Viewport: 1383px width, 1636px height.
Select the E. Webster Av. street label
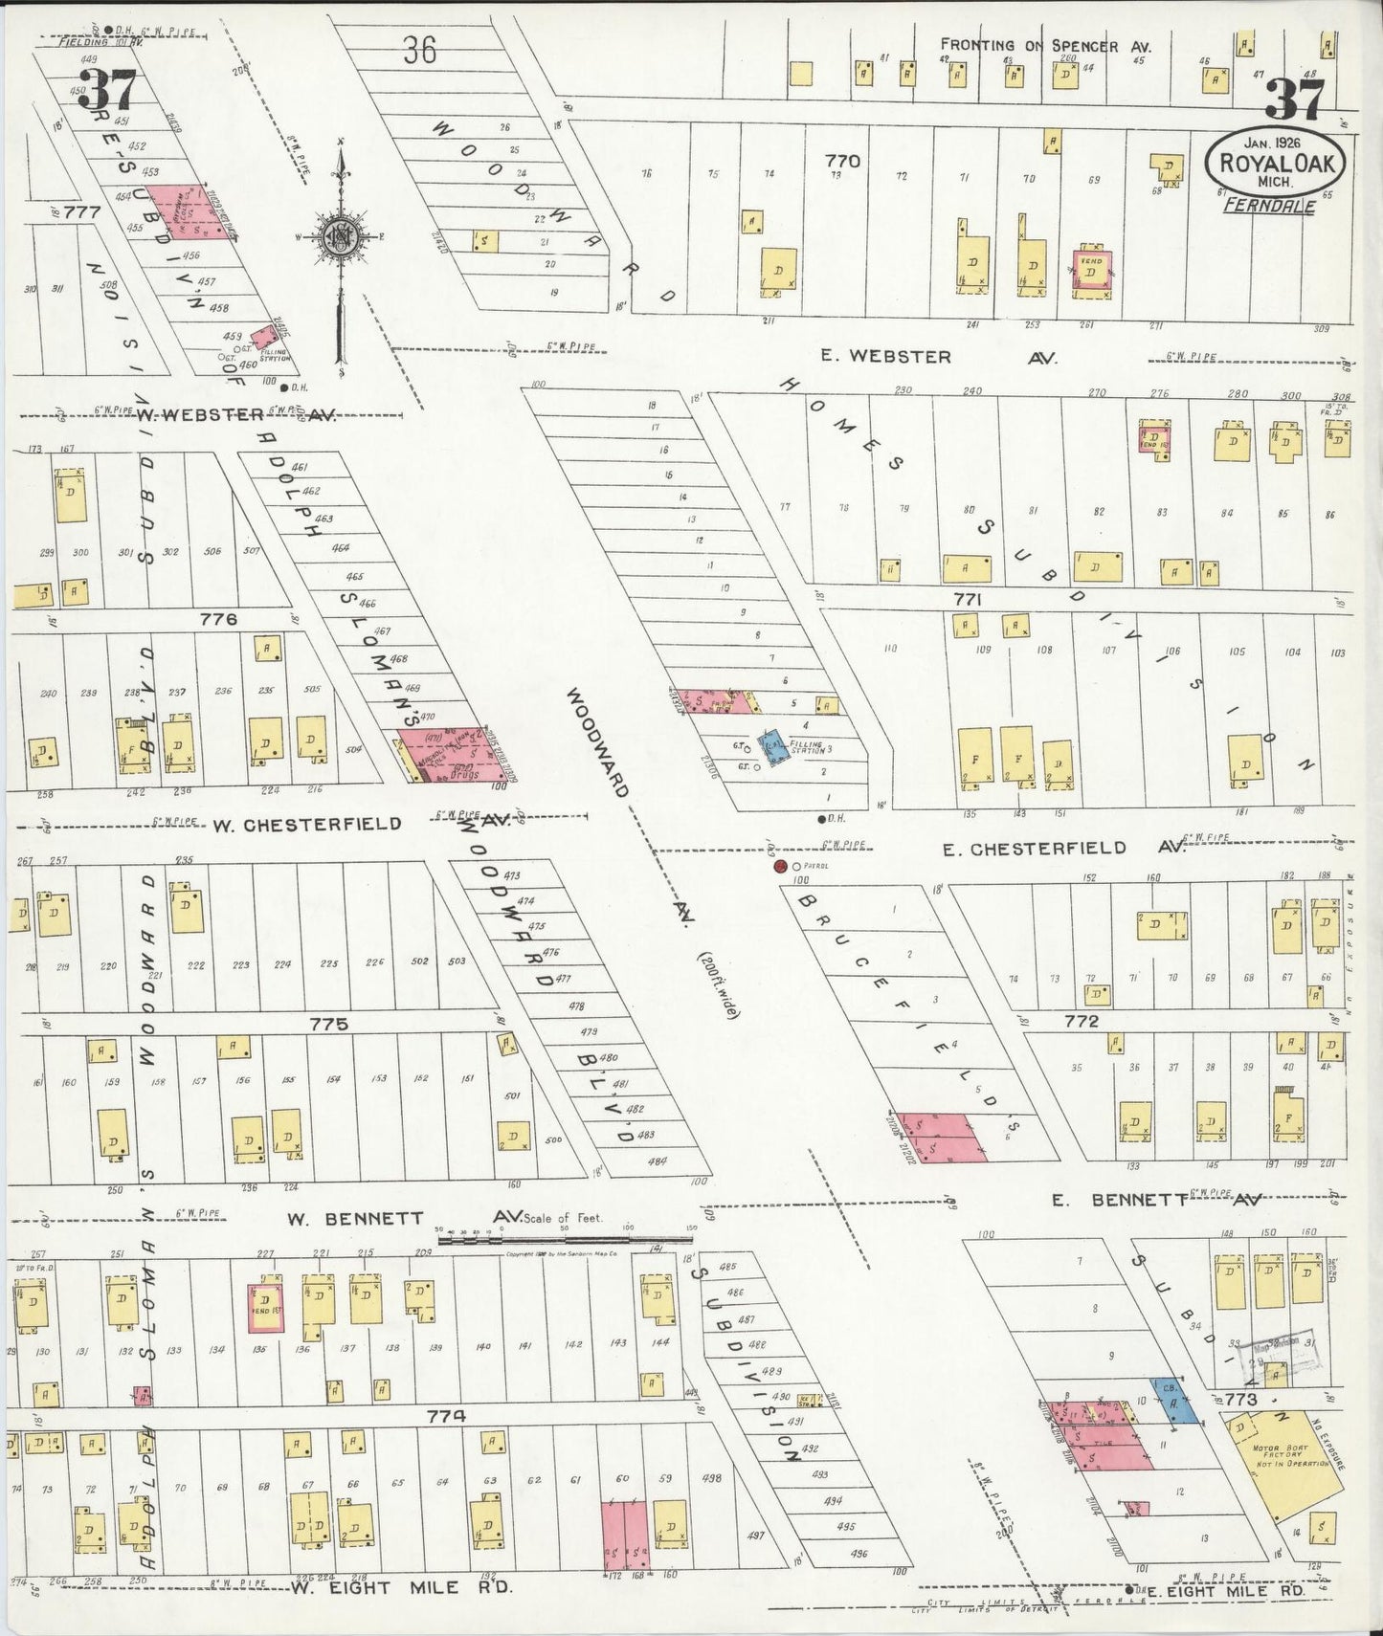pyautogui.click(x=936, y=357)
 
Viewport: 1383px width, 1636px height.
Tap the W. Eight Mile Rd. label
pyautogui.click(x=402, y=1586)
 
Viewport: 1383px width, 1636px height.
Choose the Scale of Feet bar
pyautogui.click(x=565, y=1238)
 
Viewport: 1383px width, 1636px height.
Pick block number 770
pyautogui.click(x=843, y=161)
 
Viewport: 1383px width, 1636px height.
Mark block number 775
pyautogui.click(x=328, y=1024)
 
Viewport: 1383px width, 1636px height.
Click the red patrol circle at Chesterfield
pyautogui.click(x=780, y=867)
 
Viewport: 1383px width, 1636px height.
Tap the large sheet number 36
pyautogui.click(x=419, y=50)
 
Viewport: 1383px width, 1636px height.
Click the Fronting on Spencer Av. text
pyautogui.click(x=1045, y=45)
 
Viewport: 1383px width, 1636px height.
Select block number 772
pyautogui.click(x=1081, y=1021)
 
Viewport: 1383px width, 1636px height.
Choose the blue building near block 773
pyautogui.click(x=1172, y=1399)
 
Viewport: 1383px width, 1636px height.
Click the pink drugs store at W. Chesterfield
pyautogui.click(x=450, y=755)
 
